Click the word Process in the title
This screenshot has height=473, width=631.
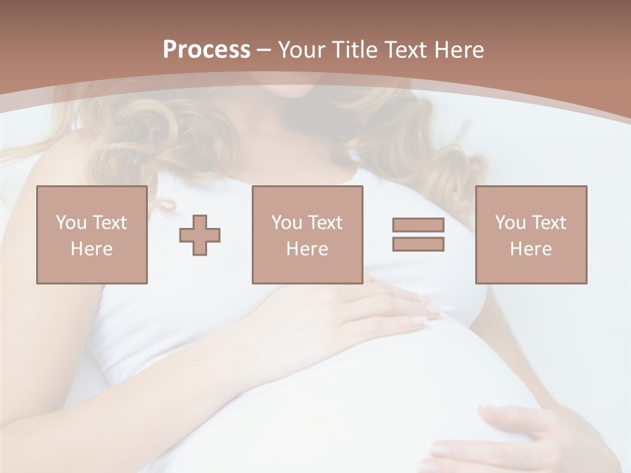pyautogui.click(x=206, y=50)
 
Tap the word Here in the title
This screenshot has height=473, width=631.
pyautogui.click(x=458, y=50)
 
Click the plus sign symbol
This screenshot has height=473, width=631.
pyautogui.click(x=200, y=235)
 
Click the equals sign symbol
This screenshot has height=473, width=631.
pyautogui.click(x=418, y=235)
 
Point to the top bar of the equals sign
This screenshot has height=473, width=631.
pyautogui.click(x=418, y=225)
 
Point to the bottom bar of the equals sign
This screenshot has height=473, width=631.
pyautogui.click(x=418, y=244)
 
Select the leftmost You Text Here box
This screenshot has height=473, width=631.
pyautogui.click(x=91, y=235)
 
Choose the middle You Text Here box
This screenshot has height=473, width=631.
pyautogui.click(x=307, y=235)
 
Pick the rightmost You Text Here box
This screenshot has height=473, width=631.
pyautogui.click(x=530, y=235)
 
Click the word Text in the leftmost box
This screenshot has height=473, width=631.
pyautogui.click(x=109, y=223)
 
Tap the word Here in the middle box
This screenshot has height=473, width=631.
pyautogui.click(x=307, y=249)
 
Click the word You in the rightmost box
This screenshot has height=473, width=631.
pyautogui.click(x=511, y=223)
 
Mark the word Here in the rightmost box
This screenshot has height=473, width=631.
pyautogui.click(x=530, y=249)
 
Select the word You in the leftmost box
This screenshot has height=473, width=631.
pyautogui.click(x=71, y=223)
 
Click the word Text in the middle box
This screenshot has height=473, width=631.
pyautogui.click(x=325, y=223)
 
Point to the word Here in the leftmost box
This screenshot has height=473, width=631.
pyautogui.click(x=91, y=249)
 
